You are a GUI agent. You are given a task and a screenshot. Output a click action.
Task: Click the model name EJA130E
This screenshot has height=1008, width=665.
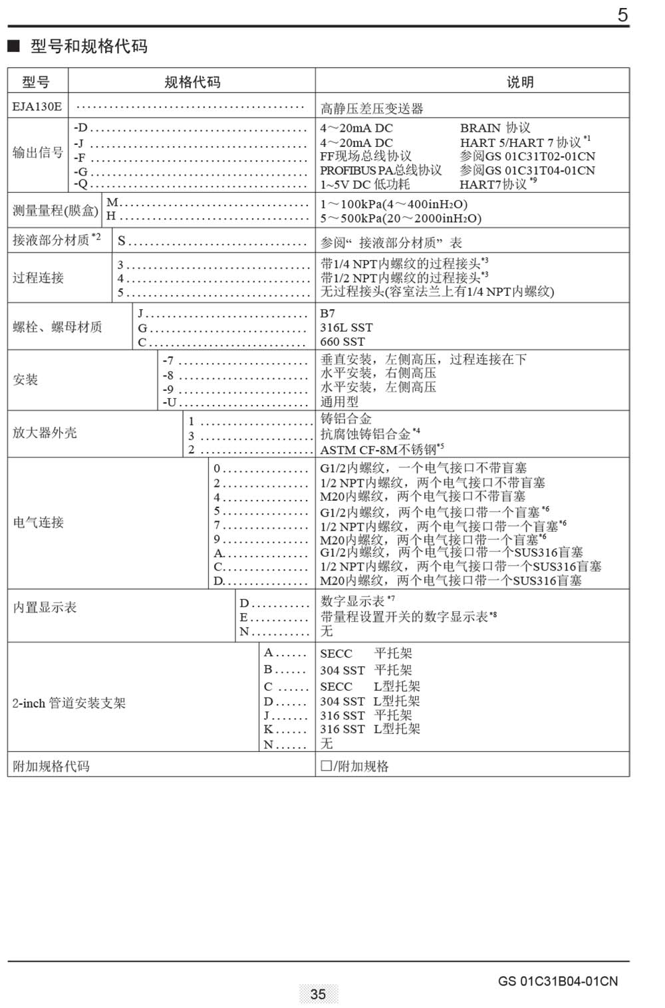[37, 106]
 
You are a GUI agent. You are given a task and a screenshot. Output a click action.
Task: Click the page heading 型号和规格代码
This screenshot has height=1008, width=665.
[88, 47]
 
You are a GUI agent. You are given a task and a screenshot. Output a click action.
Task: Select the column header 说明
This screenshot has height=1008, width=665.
[519, 82]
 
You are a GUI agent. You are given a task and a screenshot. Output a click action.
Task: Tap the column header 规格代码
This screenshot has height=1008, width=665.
[192, 82]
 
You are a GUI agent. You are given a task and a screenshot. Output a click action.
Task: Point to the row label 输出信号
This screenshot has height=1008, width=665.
[37, 153]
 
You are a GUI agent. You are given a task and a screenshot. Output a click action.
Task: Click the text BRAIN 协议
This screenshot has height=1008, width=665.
[495, 128]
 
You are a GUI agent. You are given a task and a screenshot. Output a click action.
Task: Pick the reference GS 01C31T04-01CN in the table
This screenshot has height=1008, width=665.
[527, 170]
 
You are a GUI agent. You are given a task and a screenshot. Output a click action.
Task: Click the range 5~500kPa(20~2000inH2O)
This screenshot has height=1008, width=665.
[400, 218]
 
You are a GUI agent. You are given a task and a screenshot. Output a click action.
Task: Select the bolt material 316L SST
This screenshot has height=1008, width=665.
[346, 327]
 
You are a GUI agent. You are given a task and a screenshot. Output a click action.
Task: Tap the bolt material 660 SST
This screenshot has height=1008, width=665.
[342, 342]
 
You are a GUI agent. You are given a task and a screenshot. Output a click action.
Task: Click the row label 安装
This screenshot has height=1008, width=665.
[25, 380]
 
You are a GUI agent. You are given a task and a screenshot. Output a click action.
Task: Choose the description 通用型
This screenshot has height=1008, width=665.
[339, 402]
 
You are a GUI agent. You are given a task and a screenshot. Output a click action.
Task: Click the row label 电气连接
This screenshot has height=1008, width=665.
[38, 523]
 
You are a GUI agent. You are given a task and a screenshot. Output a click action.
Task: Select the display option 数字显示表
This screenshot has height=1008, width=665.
[352, 601]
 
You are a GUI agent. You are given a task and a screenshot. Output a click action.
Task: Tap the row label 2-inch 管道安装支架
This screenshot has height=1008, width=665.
[68, 703]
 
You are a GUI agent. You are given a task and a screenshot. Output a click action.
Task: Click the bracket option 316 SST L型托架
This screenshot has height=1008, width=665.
[370, 729]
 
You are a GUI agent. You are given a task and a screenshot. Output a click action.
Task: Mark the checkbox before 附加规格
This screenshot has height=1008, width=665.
[326, 766]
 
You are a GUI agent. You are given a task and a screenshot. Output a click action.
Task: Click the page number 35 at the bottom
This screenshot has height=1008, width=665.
[318, 993]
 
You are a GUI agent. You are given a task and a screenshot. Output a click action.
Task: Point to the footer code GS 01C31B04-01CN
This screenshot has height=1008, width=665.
[557, 981]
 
